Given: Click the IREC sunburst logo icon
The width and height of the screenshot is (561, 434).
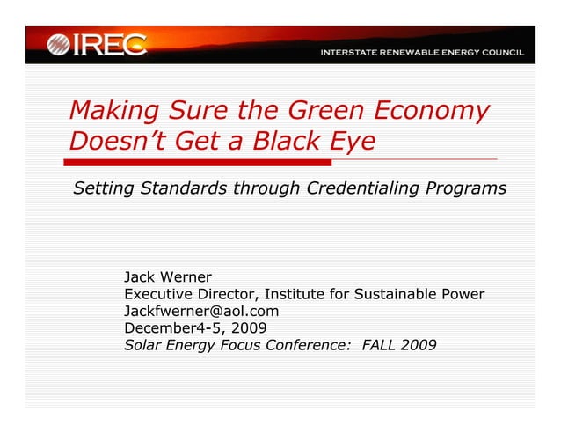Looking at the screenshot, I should [60, 44].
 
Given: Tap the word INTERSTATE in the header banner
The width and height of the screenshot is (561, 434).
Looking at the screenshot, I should [349, 53].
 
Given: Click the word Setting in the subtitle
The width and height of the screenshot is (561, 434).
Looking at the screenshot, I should [102, 188].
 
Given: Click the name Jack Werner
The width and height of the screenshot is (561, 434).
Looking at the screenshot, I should [168, 276].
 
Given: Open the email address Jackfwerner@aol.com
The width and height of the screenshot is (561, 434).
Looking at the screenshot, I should [201, 311].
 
